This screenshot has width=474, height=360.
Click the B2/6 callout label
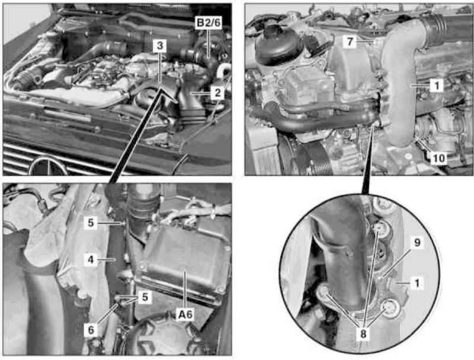point(209,23)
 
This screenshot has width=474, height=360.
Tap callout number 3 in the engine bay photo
point(159,46)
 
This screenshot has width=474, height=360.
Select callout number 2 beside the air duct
point(217,93)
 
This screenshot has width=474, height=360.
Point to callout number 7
point(350,41)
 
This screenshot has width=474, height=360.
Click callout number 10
point(439,158)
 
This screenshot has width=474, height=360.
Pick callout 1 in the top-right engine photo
point(437,86)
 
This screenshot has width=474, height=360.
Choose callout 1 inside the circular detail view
point(417,283)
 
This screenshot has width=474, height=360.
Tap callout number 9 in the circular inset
point(417,242)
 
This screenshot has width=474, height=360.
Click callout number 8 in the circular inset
point(363,334)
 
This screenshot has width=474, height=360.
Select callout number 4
point(91,259)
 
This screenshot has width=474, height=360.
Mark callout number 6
point(91,330)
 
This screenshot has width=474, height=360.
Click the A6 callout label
point(185,314)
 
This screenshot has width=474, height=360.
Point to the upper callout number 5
point(91,223)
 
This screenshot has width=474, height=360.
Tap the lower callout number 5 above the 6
point(145,297)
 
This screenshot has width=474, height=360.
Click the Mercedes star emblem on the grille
point(49,166)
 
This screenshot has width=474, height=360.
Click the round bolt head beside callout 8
point(391,308)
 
